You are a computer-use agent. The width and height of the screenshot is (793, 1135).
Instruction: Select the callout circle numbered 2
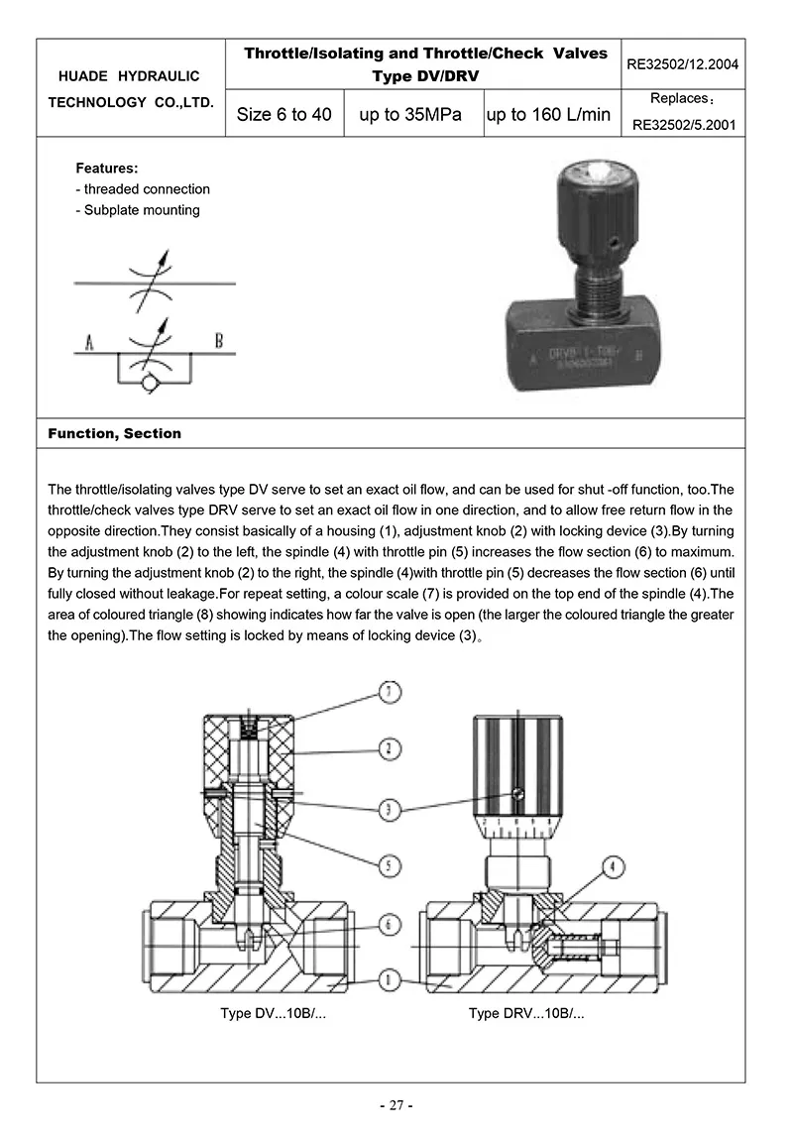392,750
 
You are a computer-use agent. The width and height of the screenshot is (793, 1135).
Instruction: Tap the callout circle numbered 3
392,809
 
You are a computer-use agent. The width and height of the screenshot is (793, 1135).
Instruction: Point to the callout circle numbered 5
392,865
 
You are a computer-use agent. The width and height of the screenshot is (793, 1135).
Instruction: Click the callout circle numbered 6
392,924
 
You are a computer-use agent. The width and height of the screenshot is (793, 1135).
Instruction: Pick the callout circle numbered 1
392,980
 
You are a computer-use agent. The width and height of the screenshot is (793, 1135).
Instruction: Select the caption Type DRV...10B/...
526,1014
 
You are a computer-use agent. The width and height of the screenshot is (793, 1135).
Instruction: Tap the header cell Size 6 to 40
284,114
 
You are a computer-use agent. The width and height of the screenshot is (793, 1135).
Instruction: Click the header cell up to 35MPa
411,114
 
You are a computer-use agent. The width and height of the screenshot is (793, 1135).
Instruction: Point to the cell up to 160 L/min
548,114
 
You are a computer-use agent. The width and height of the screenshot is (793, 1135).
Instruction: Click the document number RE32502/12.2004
683,65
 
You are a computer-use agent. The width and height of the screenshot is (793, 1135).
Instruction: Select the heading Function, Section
115,433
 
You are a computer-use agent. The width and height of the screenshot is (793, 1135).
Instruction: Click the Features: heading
106,168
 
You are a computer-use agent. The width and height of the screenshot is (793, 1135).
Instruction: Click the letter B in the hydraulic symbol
219,343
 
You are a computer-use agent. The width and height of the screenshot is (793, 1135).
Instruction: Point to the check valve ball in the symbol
151,381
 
